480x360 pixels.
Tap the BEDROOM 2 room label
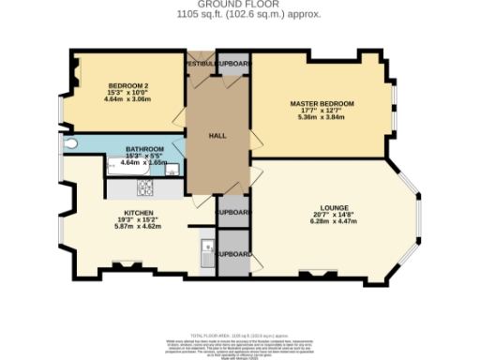[127, 85]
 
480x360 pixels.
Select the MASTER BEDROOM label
[322, 102]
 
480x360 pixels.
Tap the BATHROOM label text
[144, 149]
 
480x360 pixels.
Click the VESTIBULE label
[200, 63]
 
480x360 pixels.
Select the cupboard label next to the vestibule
[232, 63]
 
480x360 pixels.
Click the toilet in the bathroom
[72, 146]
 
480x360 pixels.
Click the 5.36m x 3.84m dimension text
[322, 117]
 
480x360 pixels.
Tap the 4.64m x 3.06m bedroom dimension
[127, 99]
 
